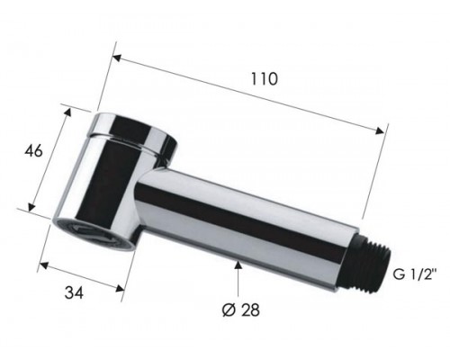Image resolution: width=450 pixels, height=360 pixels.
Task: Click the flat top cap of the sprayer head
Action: pos(136,128)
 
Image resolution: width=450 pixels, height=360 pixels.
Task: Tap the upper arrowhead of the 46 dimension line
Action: pos(67,110)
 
